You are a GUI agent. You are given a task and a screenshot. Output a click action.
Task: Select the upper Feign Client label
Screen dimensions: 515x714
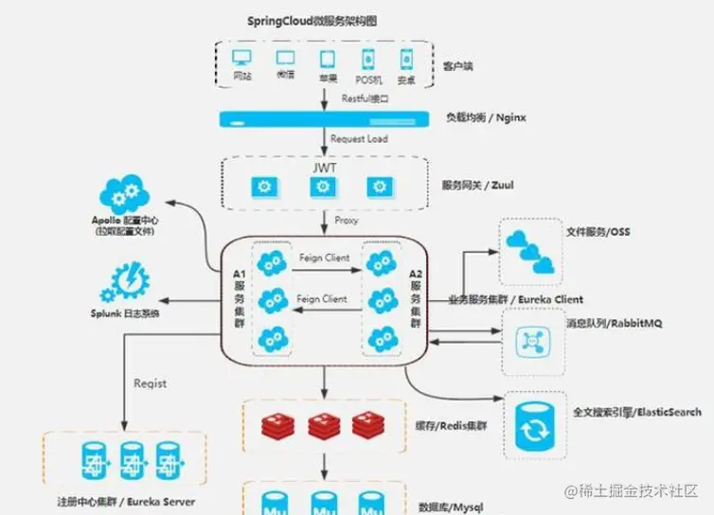[x=323, y=257]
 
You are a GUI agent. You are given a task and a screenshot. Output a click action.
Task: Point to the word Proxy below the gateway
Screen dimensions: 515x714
[x=346, y=221]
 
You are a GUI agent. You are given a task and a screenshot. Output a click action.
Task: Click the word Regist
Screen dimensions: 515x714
[x=150, y=383]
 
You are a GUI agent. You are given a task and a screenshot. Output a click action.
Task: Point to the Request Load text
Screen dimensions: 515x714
[x=359, y=139]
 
